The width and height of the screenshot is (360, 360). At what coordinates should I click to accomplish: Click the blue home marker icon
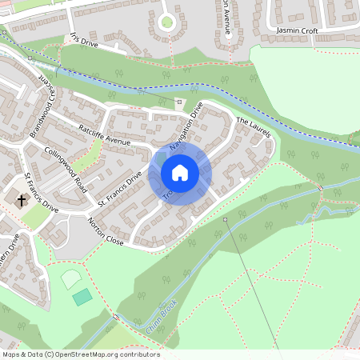tap(180, 172)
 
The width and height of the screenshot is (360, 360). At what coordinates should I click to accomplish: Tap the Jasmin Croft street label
tap(296, 30)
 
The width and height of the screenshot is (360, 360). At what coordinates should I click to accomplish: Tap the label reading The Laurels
tap(255, 127)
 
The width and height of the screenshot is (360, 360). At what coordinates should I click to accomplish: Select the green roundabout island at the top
tap(166, 22)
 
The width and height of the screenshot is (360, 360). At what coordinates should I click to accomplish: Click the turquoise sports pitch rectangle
tap(82, 297)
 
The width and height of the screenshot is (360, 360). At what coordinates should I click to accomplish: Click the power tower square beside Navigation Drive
tap(178, 102)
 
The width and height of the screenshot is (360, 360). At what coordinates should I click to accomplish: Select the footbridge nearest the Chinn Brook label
tap(116, 318)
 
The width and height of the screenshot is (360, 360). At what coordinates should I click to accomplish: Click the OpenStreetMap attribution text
tap(80, 354)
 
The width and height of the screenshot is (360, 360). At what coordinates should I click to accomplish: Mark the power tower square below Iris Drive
tap(30, 58)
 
